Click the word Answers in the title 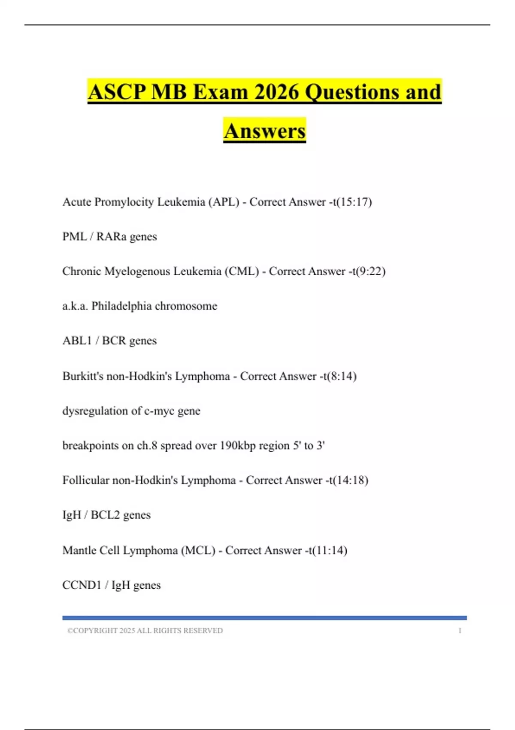pos(264,131)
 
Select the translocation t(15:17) pos(351,202)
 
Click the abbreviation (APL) pos(224,202)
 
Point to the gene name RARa pos(111,237)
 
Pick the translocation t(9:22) pos(368,271)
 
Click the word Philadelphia pos(121,306)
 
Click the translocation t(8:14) pos(339,376)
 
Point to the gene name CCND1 pos(82,585)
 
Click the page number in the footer pos(460,631)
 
